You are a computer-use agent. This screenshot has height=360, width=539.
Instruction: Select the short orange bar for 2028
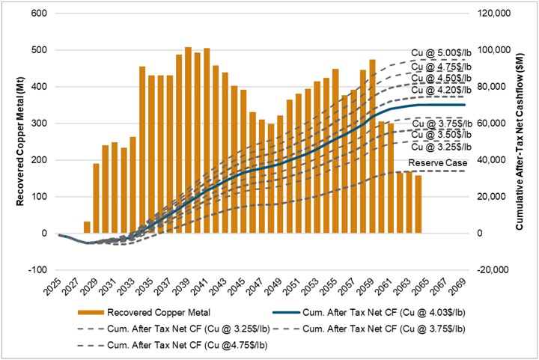click(x=87, y=228)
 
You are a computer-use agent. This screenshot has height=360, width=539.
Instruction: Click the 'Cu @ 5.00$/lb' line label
click(x=442, y=52)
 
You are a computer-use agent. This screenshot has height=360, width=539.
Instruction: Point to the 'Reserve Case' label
click(x=438, y=162)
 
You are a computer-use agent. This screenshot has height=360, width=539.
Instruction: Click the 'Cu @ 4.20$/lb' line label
click(x=442, y=90)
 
